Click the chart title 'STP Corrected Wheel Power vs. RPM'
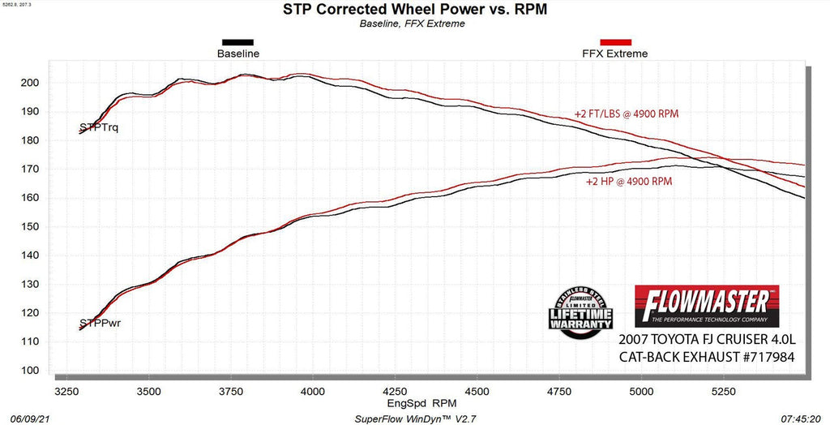[414, 10]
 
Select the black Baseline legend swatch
[237, 42]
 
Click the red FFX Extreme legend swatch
[615, 42]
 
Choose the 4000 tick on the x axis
[313, 390]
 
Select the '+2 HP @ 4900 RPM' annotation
[629, 182]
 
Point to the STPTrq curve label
[99, 127]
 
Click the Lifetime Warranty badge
[581, 311]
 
